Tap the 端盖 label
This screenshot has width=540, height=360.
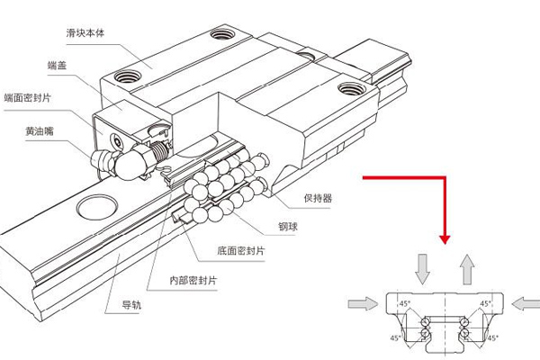60,66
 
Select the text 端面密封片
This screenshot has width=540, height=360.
27,97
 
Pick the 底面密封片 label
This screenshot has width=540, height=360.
238,249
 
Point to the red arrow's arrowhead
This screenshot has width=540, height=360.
444,239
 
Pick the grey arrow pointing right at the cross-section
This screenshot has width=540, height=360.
364,304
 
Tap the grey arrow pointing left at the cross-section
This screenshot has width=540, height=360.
526,304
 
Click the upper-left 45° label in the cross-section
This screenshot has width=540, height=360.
405,303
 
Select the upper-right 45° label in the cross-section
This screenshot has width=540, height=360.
485,303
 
